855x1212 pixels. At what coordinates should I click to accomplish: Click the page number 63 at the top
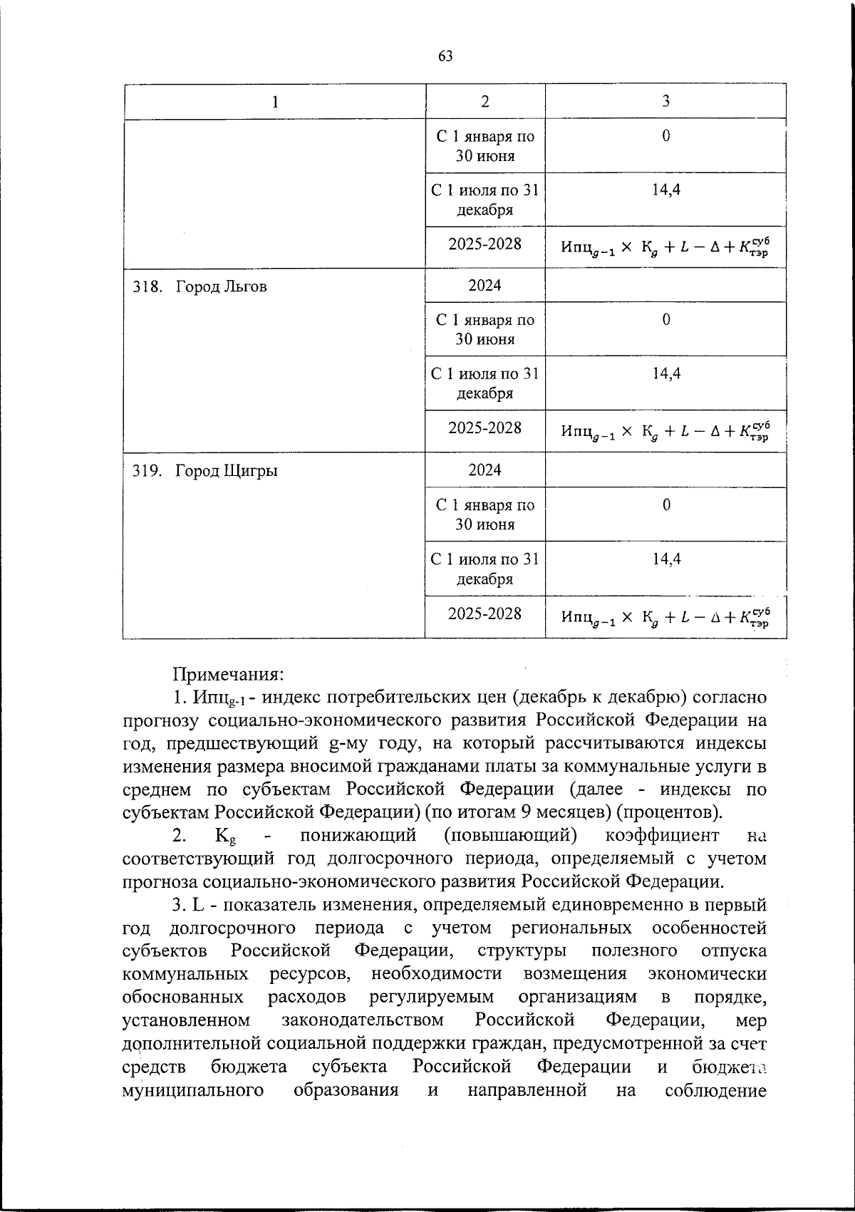pyautogui.click(x=445, y=56)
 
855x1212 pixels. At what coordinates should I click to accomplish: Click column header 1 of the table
pyautogui.click(x=274, y=102)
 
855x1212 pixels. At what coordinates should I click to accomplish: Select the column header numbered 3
pyautogui.click(x=665, y=102)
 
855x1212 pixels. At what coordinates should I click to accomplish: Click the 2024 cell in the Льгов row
pyautogui.click(x=484, y=286)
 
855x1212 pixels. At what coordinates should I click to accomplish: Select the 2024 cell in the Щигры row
pyautogui.click(x=484, y=470)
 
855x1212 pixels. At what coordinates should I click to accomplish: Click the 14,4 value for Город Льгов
pyautogui.click(x=665, y=373)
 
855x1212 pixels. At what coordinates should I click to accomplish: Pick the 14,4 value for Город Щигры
pyautogui.click(x=665, y=559)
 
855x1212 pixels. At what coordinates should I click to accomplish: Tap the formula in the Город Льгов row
pyautogui.click(x=665, y=430)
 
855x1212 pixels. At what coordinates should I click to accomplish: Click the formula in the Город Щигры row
pyautogui.click(x=665, y=616)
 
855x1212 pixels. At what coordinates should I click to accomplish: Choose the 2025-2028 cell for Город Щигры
pyautogui.click(x=484, y=613)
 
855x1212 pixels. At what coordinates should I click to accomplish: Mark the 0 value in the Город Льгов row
pyautogui.click(x=665, y=320)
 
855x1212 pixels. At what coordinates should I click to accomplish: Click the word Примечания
pyautogui.click(x=229, y=673)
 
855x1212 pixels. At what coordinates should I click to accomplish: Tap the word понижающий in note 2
pyautogui.click(x=357, y=835)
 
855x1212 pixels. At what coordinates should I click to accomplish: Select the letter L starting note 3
pyautogui.click(x=198, y=905)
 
